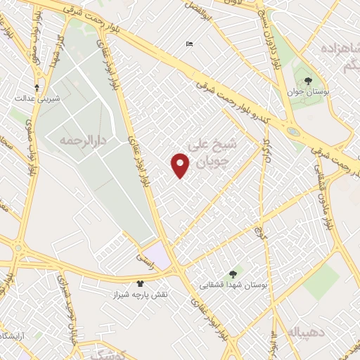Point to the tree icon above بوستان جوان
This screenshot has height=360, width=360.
[307, 81]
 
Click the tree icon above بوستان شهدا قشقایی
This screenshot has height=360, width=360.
[233, 274]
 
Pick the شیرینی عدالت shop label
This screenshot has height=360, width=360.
[37, 99]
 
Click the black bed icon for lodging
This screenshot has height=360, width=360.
[189, 44]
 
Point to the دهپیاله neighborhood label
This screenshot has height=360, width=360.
[292, 330]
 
